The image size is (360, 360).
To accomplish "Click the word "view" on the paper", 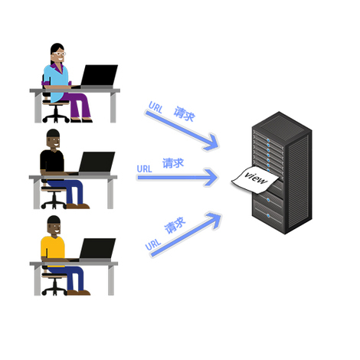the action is [x=256, y=178].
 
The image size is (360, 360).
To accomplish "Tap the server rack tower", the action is [x=282, y=172].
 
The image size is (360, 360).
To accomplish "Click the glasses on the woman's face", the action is [x=59, y=54].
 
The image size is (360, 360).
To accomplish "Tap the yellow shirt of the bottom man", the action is [x=53, y=250].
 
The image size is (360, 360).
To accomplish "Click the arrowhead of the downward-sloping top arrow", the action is [x=211, y=142].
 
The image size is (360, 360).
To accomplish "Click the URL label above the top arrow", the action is [x=155, y=107].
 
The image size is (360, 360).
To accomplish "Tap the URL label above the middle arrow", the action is [x=144, y=169].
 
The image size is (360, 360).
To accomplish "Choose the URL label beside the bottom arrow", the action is [x=153, y=244].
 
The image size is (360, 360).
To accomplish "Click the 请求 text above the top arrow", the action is [x=185, y=114].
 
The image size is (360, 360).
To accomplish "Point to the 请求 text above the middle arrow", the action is [x=173, y=163].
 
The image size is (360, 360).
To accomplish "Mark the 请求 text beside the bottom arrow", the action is [x=175, y=225].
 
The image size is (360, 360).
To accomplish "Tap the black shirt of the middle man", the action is [x=52, y=162].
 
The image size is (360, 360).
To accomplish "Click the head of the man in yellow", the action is [x=54, y=225].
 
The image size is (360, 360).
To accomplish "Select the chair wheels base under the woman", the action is [x=56, y=118].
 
